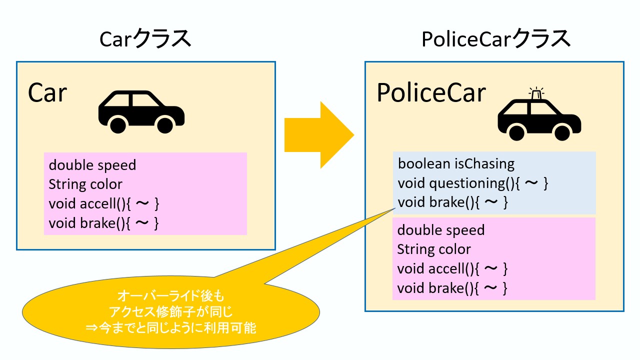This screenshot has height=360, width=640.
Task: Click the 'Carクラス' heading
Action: coord(145,39)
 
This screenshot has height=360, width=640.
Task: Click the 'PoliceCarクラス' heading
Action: coord(495,39)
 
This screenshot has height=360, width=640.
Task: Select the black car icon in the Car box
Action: coord(141,111)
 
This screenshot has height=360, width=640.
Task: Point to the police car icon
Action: coord(539,118)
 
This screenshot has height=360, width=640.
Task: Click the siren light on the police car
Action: coord(536,93)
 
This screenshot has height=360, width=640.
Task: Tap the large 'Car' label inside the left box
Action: coord(47,92)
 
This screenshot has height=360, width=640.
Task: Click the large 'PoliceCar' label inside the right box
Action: coord(431,92)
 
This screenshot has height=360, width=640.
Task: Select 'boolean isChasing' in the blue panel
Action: coord(456,163)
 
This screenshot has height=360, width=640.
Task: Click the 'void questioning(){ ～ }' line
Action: coord(473,183)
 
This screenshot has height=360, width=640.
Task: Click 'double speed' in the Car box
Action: coord(92,164)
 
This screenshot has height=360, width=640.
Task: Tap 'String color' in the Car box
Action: coord(85,184)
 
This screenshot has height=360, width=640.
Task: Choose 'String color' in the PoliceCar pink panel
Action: coord(434,249)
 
